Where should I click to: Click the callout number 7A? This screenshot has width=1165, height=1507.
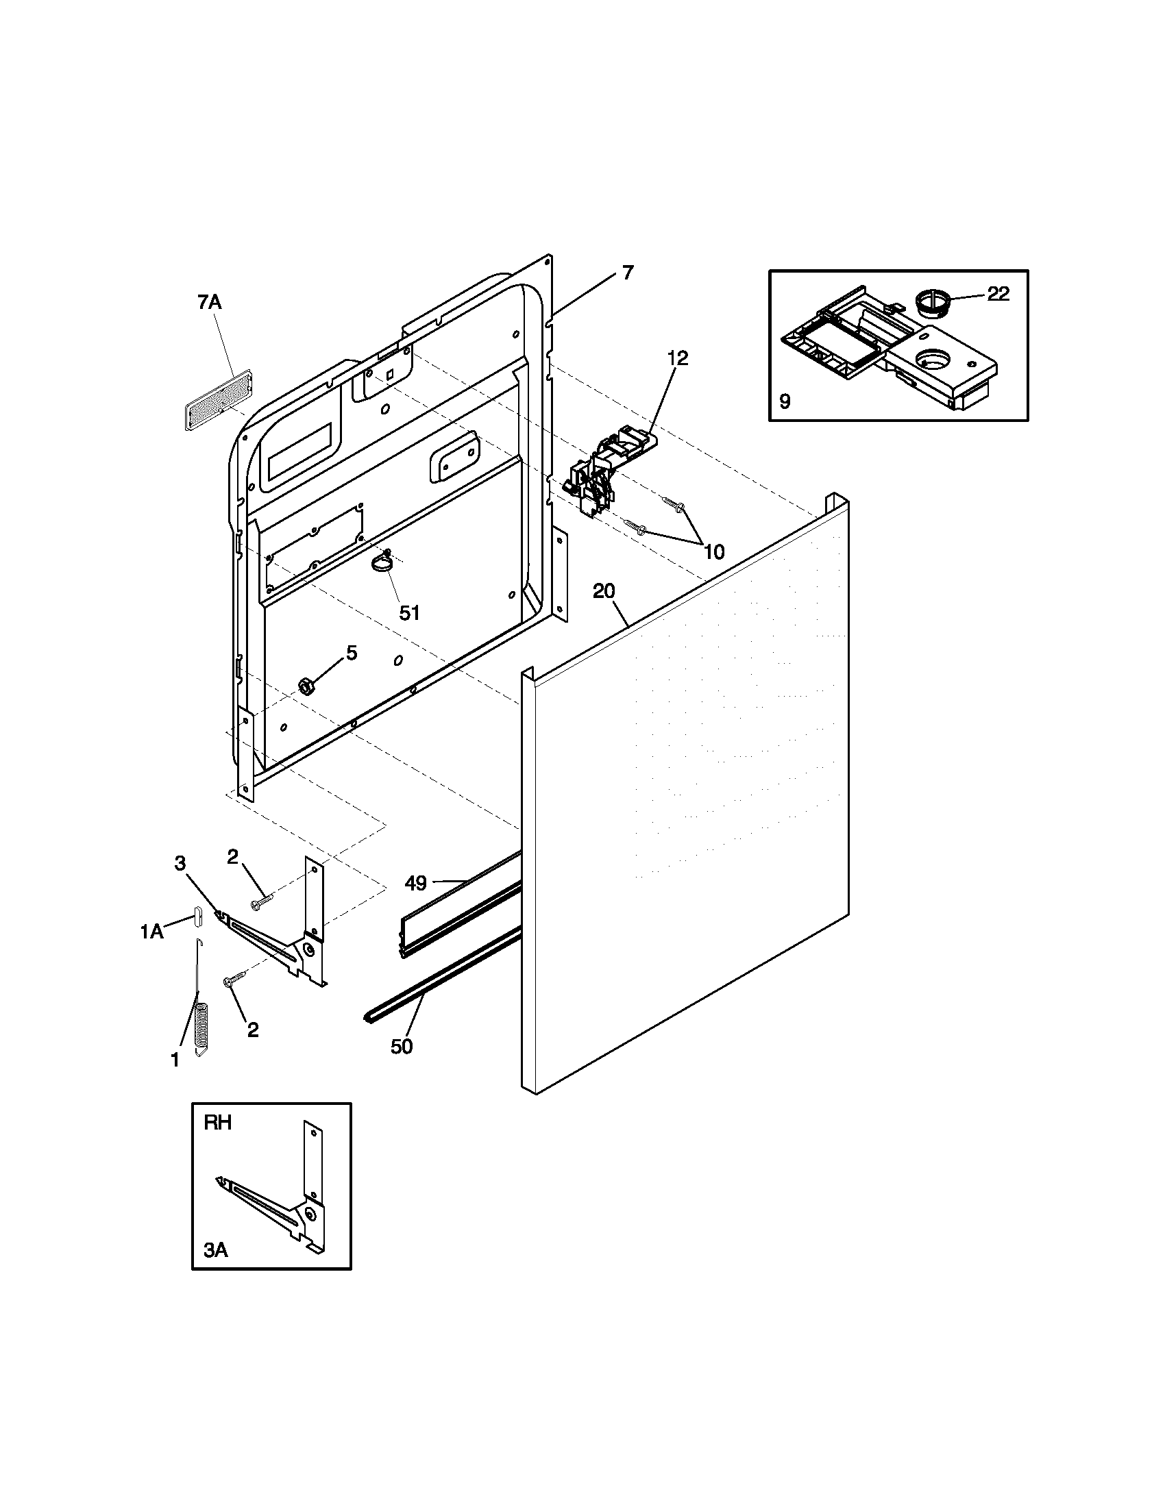(x=209, y=302)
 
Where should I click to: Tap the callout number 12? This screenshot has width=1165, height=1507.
(x=678, y=358)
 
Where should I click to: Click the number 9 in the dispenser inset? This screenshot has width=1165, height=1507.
(x=785, y=401)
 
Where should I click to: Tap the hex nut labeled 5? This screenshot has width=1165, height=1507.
(x=306, y=685)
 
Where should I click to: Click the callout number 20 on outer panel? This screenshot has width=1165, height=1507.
(x=603, y=591)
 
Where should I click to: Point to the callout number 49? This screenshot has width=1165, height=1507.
(x=415, y=882)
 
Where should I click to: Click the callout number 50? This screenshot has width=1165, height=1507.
(x=402, y=1046)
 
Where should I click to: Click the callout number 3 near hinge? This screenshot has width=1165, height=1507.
(x=180, y=863)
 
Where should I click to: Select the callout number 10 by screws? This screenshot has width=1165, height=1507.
(x=714, y=551)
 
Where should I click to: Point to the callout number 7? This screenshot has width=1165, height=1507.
(x=626, y=273)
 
